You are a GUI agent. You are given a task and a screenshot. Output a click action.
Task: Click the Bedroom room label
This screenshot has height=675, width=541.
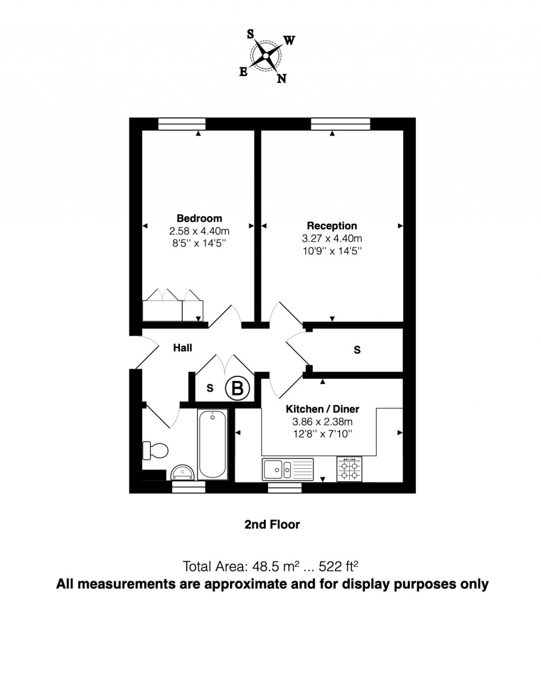click(x=199, y=218)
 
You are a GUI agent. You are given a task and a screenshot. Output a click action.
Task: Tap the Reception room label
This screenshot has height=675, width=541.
click(x=332, y=226)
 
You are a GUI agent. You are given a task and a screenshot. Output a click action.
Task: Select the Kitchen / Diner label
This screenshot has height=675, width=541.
click(x=322, y=409)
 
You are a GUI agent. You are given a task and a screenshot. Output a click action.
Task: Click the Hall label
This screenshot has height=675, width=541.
click(x=183, y=348)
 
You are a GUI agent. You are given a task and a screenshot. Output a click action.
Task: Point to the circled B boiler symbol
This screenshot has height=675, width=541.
click(x=237, y=388)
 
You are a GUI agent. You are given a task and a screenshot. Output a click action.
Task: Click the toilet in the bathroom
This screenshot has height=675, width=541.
click(x=155, y=451)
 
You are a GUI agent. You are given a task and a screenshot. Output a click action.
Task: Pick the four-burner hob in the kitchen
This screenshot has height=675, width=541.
click(x=350, y=469)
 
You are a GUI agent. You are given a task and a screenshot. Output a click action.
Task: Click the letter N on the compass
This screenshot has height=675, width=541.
click(x=282, y=79)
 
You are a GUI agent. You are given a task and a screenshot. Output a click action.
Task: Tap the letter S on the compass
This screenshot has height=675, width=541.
click(x=250, y=34)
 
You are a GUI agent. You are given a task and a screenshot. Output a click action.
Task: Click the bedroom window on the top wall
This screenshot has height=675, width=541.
click(x=182, y=123)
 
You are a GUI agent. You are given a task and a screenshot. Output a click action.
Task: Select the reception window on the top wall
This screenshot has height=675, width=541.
click(x=341, y=123)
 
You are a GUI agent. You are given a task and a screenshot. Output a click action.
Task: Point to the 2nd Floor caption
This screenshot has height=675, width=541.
click(x=272, y=525)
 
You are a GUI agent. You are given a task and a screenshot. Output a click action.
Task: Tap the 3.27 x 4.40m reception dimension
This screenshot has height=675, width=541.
click(x=332, y=239)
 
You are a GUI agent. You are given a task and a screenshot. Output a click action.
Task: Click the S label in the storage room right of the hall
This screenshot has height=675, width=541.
click(x=357, y=350)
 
